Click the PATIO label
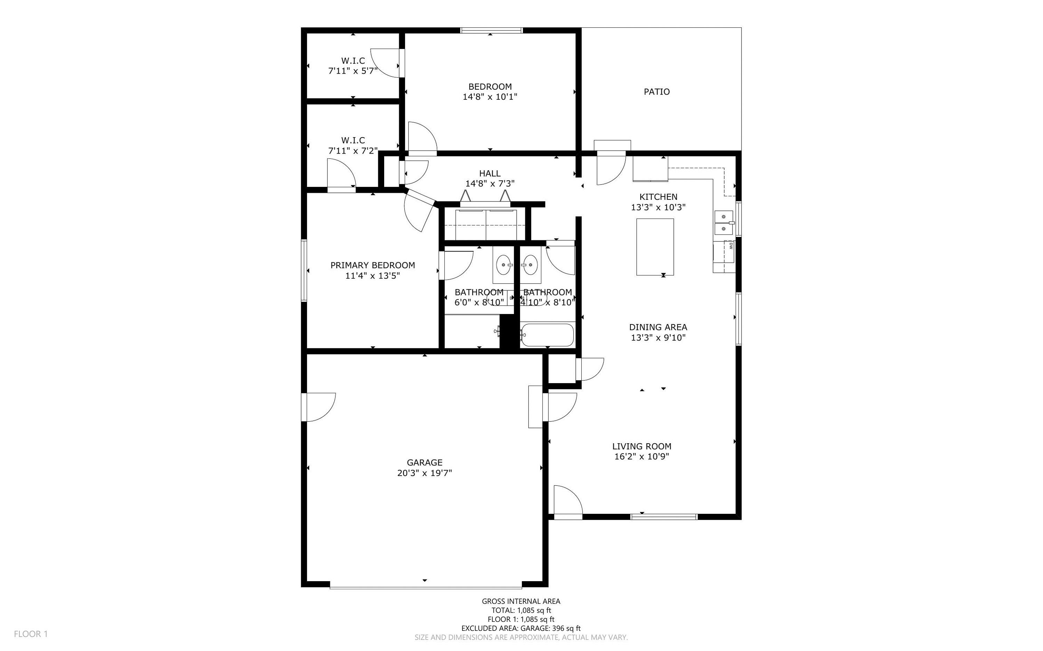656,92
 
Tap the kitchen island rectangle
655,247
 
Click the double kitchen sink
724,223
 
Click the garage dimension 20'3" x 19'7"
425,473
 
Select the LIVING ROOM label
641,446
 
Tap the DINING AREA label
658,327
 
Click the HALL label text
490,173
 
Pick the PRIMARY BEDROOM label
373,265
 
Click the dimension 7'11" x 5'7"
353,71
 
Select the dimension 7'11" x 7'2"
353,151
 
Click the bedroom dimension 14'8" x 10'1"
490,97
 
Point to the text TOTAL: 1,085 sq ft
521,610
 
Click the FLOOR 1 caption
31,634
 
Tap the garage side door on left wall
318,407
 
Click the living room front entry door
567,502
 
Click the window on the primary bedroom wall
304,270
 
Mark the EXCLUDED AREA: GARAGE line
521,628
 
